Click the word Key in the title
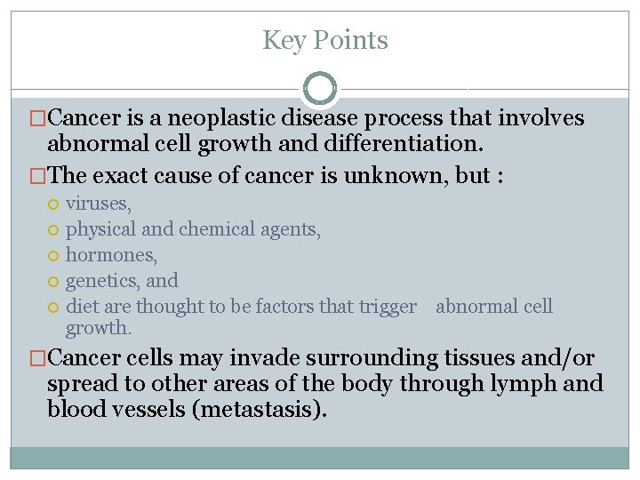pyautogui.click(x=283, y=41)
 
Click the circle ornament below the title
pyautogui.click(x=320, y=89)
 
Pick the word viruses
pyautogui.click(x=99, y=204)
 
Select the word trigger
pyautogui.click(x=388, y=307)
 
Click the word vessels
pyautogui.click(x=156, y=409)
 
